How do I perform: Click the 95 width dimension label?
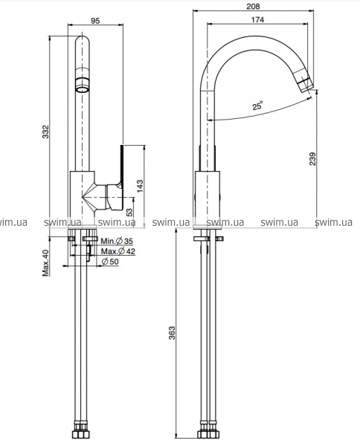(95, 21)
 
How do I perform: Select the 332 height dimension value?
(45, 132)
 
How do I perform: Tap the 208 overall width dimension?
(253, 6)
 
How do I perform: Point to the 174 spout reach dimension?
(257, 19)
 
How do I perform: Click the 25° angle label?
(257, 106)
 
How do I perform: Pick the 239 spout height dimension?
(312, 159)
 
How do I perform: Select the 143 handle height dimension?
(140, 186)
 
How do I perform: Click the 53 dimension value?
(129, 212)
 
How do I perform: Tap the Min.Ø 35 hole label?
(117, 241)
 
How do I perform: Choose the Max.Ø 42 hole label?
(118, 251)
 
